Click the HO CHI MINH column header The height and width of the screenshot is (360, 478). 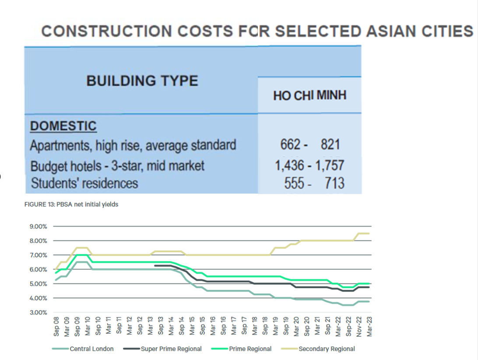click(x=309, y=95)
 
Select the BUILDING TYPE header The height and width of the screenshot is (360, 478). click(x=142, y=81)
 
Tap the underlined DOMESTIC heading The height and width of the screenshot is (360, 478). click(x=63, y=126)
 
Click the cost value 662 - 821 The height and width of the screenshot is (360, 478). click(x=310, y=145)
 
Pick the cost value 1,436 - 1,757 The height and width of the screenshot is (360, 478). click(x=310, y=165)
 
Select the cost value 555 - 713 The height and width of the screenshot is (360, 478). click(x=314, y=183)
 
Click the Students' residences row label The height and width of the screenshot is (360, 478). click(x=84, y=183)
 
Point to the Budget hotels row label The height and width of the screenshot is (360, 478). click(x=117, y=166)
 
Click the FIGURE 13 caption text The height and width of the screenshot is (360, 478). click(x=71, y=205)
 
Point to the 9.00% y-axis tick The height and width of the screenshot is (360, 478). click(x=38, y=226)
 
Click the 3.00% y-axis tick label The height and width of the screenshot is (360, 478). click(x=38, y=312)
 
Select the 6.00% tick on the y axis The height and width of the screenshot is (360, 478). click(x=38, y=269)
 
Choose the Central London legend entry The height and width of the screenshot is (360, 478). click(x=91, y=349)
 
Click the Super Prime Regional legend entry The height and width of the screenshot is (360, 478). click(x=171, y=349)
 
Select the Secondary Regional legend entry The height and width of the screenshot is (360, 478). click(x=327, y=349)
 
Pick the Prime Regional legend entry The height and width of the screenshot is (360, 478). click(x=250, y=349)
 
